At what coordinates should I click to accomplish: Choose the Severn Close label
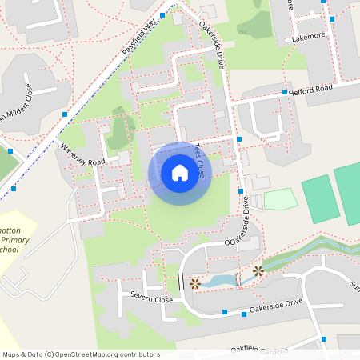[152, 298]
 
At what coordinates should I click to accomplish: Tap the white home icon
[179, 173]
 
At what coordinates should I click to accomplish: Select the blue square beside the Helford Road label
[284, 93]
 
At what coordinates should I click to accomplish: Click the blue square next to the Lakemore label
[331, 19]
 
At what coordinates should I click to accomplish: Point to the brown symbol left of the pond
[195, 282]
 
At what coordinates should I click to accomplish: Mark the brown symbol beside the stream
[258, 271]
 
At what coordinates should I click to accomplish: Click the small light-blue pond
[217, 280]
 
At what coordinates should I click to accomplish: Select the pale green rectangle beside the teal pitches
[280, 199]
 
